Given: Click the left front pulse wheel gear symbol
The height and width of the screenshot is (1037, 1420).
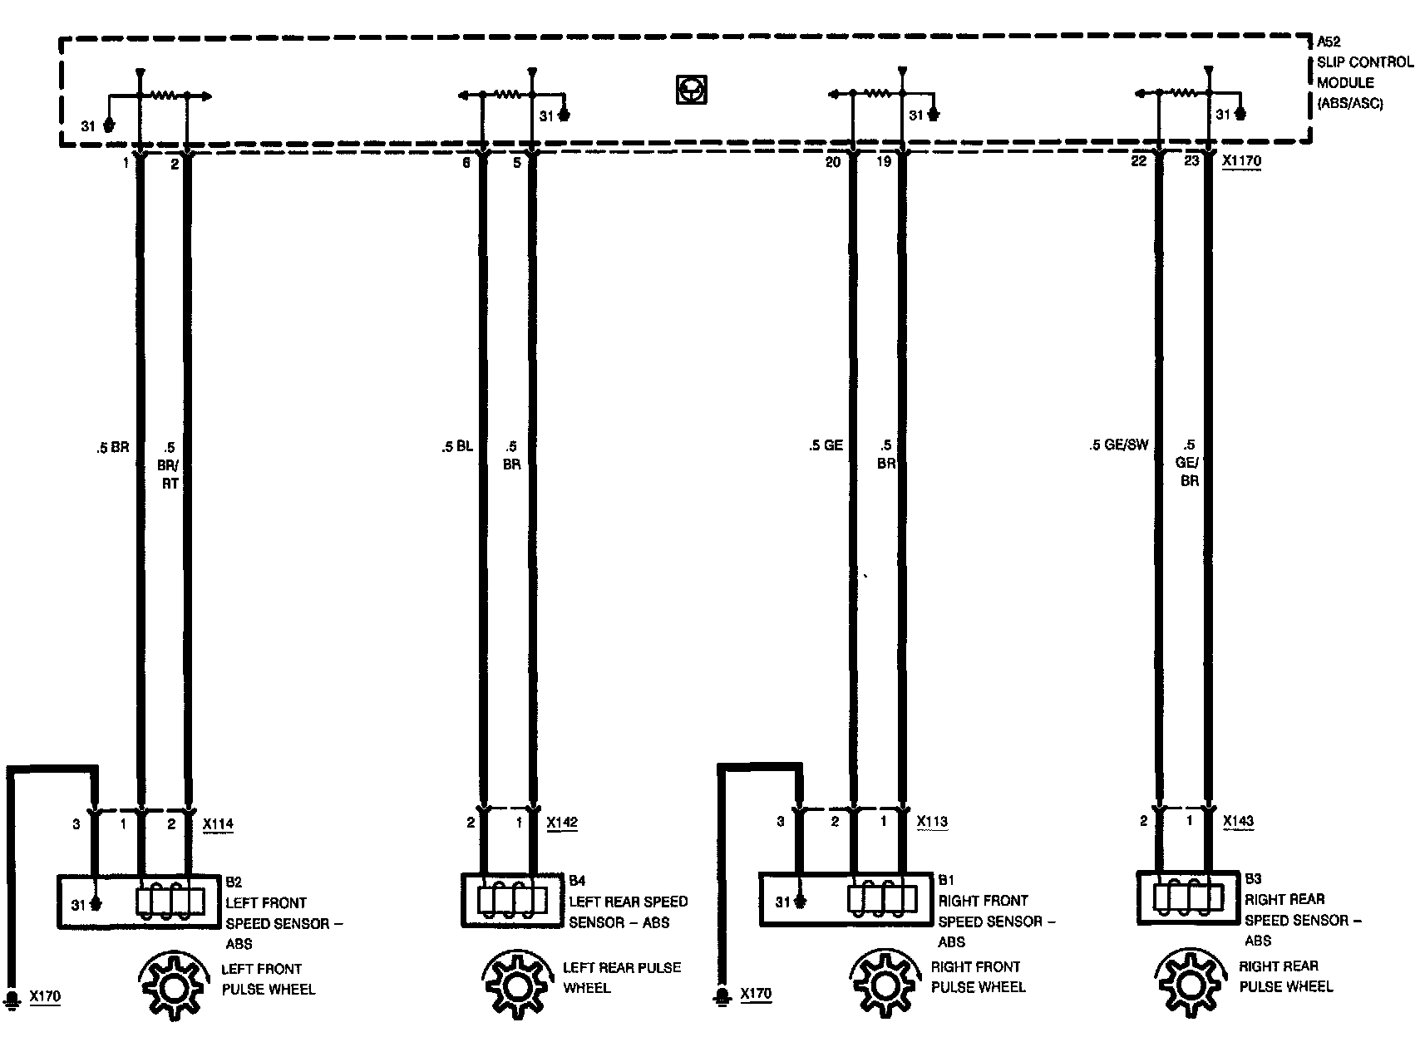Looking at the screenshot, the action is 174,987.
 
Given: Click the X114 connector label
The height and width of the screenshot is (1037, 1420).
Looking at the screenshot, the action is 218,824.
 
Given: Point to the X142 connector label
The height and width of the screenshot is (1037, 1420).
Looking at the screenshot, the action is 562,823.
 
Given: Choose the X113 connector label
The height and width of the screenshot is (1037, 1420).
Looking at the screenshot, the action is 932,822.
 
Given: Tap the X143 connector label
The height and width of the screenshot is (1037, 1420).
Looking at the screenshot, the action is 1238,821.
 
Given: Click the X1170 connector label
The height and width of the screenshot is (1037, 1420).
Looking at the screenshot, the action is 1242,161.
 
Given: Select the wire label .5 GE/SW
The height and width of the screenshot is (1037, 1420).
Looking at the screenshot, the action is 1118,445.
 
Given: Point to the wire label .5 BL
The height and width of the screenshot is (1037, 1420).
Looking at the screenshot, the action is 457,446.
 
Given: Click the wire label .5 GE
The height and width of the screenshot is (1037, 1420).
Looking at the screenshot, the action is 826,445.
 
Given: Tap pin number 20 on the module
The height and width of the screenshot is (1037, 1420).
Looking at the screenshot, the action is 832,162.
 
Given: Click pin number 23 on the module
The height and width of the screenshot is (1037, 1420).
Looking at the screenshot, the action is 1191,161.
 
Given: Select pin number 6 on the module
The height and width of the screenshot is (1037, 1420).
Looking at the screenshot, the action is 466,163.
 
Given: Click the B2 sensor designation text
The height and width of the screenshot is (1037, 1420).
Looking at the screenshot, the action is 234,882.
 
